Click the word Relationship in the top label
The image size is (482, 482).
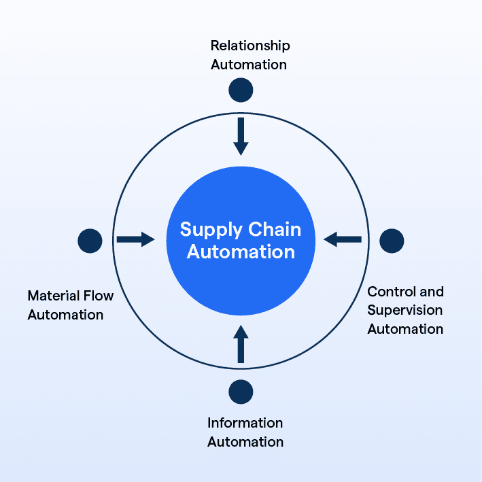coord(250,46)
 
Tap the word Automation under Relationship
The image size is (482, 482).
coord(249,65)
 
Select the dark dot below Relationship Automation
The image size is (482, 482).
coord(241,89)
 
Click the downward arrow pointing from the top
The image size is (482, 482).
coord(241,135)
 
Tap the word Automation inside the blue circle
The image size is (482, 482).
coord(241,252)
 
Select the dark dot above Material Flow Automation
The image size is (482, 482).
coord(90,240)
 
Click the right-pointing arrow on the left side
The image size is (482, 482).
coord(135,239)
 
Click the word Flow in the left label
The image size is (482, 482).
coord(99,296)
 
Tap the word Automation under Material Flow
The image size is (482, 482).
coord(65,315)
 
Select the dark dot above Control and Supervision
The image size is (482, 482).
coord(392,240)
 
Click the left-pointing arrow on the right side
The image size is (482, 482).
coord(343,239)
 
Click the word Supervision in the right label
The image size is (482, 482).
coord(404,310)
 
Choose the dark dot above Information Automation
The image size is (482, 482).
coord(241,392)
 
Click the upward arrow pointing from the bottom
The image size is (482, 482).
coord(241,344)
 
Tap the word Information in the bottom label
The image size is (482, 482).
coord(245,423)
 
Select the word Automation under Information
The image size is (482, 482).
coord(245,442)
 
